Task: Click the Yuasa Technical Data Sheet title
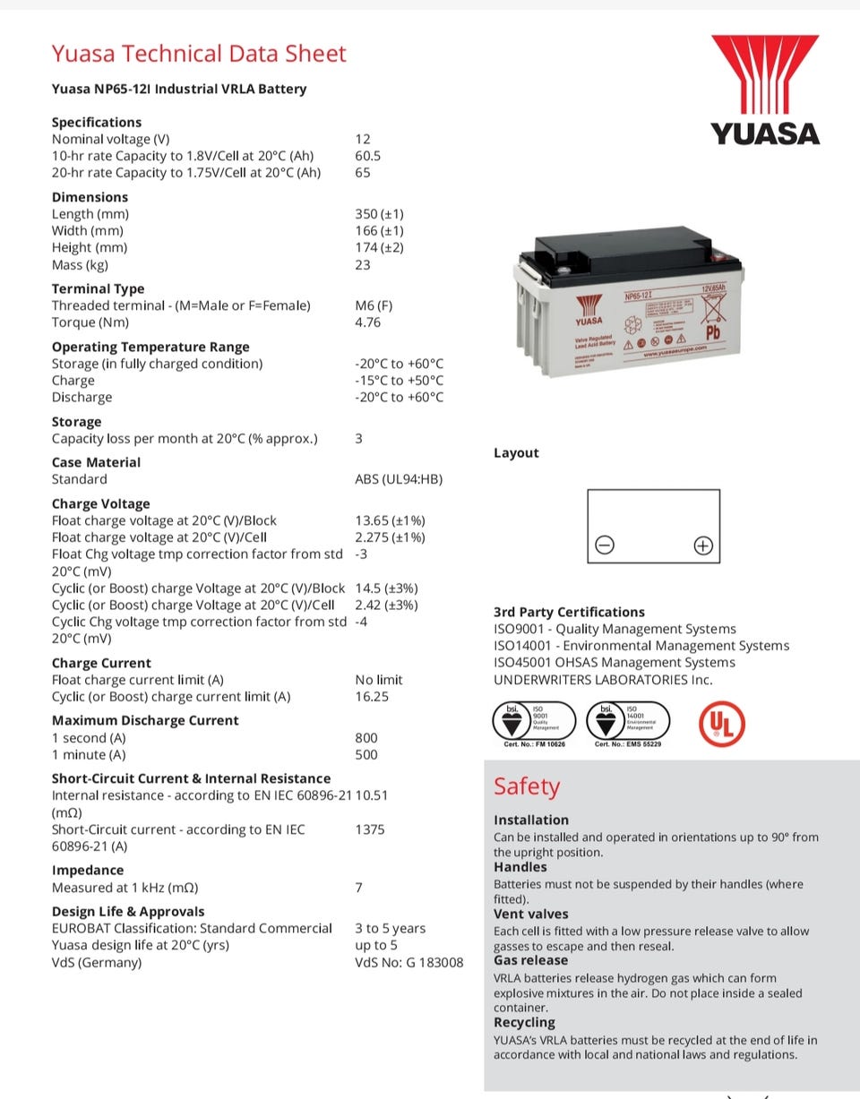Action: pyautogui.click(x=198, y=54)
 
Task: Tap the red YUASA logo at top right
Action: pyautogui.click(x=765, y=90)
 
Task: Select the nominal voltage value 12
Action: pyautogui.click(x=363, y=139)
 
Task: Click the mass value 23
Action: pyautogui.click(x=363, y=264)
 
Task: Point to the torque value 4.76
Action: pyautogui.click(x=367, y=322)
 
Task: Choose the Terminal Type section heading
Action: pyautogui.click(x=98, y=288)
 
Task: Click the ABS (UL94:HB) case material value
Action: pyautogui.click(x=399, y=479)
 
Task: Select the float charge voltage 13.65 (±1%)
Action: pyautogui.click(x=390, y=520)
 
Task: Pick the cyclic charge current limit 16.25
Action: pyautogui.click(x=372, y=696)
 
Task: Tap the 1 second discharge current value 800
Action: pyautogui.click(x=366, y=738)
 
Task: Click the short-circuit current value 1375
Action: pyautogui.click(x=370, y=829)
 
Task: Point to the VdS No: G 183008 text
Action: pyautogui.click(x=409, y=962)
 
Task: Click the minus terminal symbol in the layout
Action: pyautogui.click(x=605, y=545)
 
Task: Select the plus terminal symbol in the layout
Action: pyautogui.click(x=703, y=545)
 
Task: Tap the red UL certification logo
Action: pyautogui.click(x=721, y=724)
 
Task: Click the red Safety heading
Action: pyautogui.click(x=527, y=786)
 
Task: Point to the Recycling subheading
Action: pyautogui.click(x=524, y=1022)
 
